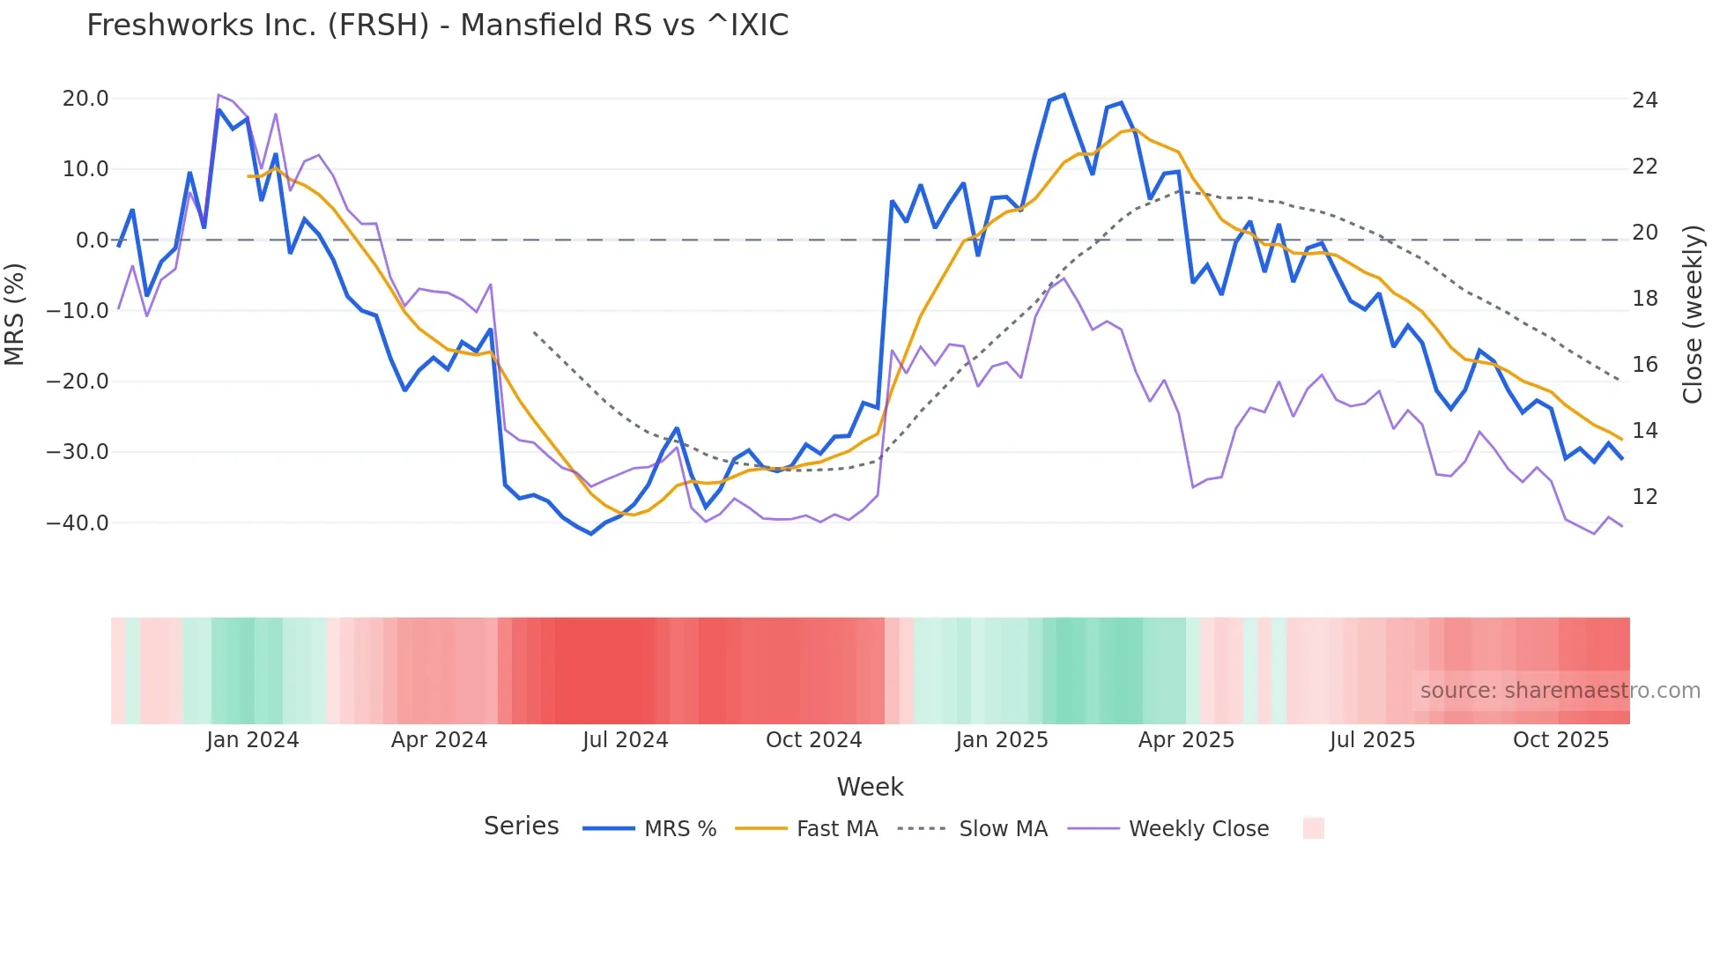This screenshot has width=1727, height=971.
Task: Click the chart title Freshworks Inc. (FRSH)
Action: click(437, 26)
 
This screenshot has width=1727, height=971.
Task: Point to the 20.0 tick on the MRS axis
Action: click(85, 99)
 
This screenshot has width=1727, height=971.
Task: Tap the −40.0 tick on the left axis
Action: click(78, 523)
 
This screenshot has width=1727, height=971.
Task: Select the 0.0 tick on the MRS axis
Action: click(92, 241)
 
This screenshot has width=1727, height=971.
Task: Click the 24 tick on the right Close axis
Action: click(1644, 100)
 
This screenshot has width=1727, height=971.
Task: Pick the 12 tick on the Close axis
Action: click(1644, 497)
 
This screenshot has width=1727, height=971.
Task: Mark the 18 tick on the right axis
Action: click(1644, 299)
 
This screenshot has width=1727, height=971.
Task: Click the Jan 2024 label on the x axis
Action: click(253, 740)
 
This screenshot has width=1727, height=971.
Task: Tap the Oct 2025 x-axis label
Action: click(1560, 740)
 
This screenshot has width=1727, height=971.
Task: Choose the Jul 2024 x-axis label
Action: click(626, 740)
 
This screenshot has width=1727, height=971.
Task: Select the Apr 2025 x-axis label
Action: click(1186, 740)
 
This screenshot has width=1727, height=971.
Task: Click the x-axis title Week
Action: click(870, 787)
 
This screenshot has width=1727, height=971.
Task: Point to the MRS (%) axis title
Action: click(15, 314)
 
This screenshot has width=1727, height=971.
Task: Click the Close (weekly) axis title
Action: click(1693, 315)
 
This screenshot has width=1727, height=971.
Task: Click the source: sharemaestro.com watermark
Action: click(1560, 691)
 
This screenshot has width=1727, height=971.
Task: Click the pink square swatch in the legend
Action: click(1313, 828)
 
